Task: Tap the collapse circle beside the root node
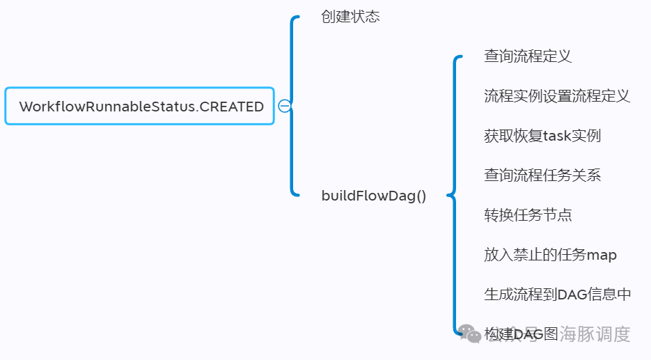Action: coord(284,106)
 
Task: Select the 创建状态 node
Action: coord(350,17)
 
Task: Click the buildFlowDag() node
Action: coord(373,196)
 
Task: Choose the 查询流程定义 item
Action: coord(528,56)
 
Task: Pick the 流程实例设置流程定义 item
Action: coord(557,96)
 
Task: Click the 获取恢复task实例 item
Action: coord(542,136)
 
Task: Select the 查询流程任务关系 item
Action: coord(542,175)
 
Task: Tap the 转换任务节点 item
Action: coord(528,215)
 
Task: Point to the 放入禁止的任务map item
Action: coord(550,255)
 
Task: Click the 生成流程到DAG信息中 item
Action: coord(557,295)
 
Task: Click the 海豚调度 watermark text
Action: coord(595,334)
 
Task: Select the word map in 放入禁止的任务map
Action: coord(602,255)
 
